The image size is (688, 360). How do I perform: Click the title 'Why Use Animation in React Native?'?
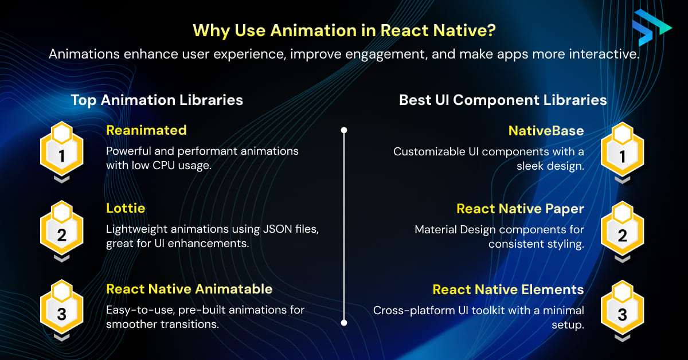[x=344, y=30]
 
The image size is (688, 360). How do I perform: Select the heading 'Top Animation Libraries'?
[x=157, y=100]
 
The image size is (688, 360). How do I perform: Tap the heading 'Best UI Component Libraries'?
[x=503, y=100]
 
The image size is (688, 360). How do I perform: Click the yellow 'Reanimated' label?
[x=146, y=130]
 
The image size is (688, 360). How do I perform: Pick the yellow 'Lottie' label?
[x=126, y=208]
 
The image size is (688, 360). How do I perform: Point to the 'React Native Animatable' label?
[x=189, y=289]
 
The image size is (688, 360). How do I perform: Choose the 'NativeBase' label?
[x=546, y=131]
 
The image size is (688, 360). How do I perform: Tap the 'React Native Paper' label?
[x=520, y=209]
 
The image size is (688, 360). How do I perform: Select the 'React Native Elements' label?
[x=508, y=289]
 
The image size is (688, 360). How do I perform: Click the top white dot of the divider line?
[x=344, y=130]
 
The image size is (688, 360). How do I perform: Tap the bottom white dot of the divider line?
[x=344, y=323]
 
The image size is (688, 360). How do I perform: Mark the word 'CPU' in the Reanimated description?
[x=164, y=166]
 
